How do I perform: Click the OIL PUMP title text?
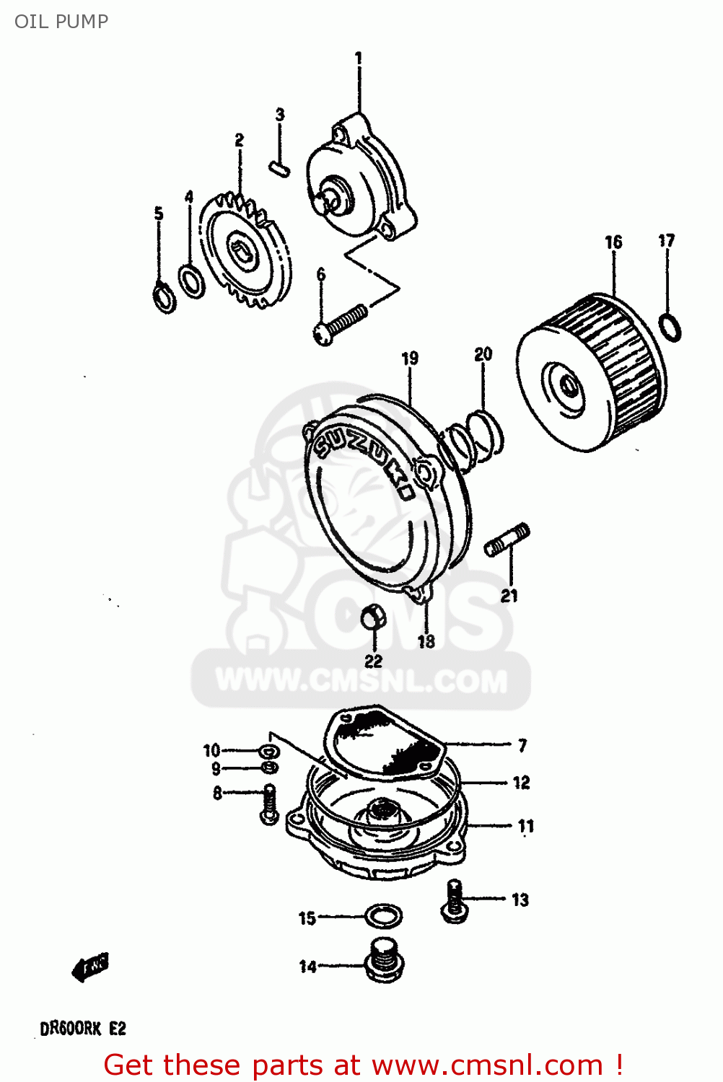click(61, 22)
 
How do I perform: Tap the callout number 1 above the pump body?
click(358, 58)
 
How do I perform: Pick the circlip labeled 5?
click(165, 299)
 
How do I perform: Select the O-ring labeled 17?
click(670, 327)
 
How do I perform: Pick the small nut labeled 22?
click(372, 618)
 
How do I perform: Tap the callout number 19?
click(410, 358)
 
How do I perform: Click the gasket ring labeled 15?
click(382, 917)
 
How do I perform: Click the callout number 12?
click(521, 783)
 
